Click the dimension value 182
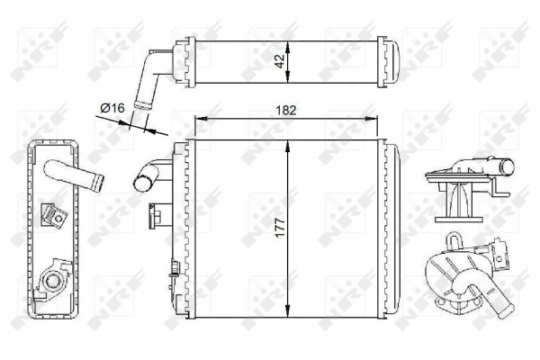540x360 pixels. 286,110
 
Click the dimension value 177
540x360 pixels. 281,227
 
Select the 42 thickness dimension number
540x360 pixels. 281,61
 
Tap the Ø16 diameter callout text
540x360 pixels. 112,108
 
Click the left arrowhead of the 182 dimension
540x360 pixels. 201,119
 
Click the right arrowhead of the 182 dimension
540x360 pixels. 373,119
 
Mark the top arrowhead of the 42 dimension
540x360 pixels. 288,47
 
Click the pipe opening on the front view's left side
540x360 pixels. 140,183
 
